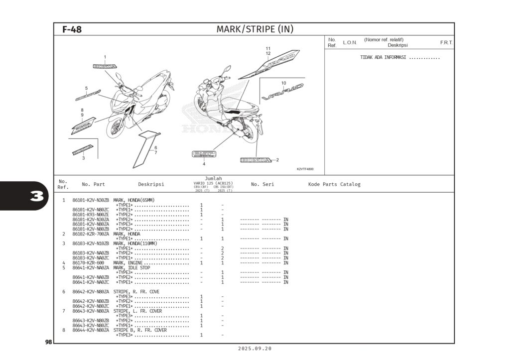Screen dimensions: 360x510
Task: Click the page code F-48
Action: [x=72, y=29]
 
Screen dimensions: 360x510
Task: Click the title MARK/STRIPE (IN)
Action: [x=255, y=29]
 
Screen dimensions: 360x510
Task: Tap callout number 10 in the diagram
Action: [x=283, y=83]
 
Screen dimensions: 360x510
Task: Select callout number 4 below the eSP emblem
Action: [x=204, y=164]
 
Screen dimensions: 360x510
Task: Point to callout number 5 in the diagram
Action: [x=86, y=88]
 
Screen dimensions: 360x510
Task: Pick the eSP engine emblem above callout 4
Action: [x=204, y=154]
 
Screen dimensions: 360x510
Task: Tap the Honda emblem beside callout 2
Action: [x=256, y=160]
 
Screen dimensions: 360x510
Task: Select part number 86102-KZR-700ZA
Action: [x=91, y=234]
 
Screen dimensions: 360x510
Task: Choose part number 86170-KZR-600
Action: [x=88, y=263]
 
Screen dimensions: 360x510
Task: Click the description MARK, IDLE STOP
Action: [x=131, y=268]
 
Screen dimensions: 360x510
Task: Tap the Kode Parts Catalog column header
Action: [x=334, y=185]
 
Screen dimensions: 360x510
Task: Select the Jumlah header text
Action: [x=213, y=178]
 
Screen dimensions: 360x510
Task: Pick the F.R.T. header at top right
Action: [x=446, y=43]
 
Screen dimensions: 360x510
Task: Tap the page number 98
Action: [x=48, y=342]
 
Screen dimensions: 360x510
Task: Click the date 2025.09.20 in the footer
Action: [x=255, y=349]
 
